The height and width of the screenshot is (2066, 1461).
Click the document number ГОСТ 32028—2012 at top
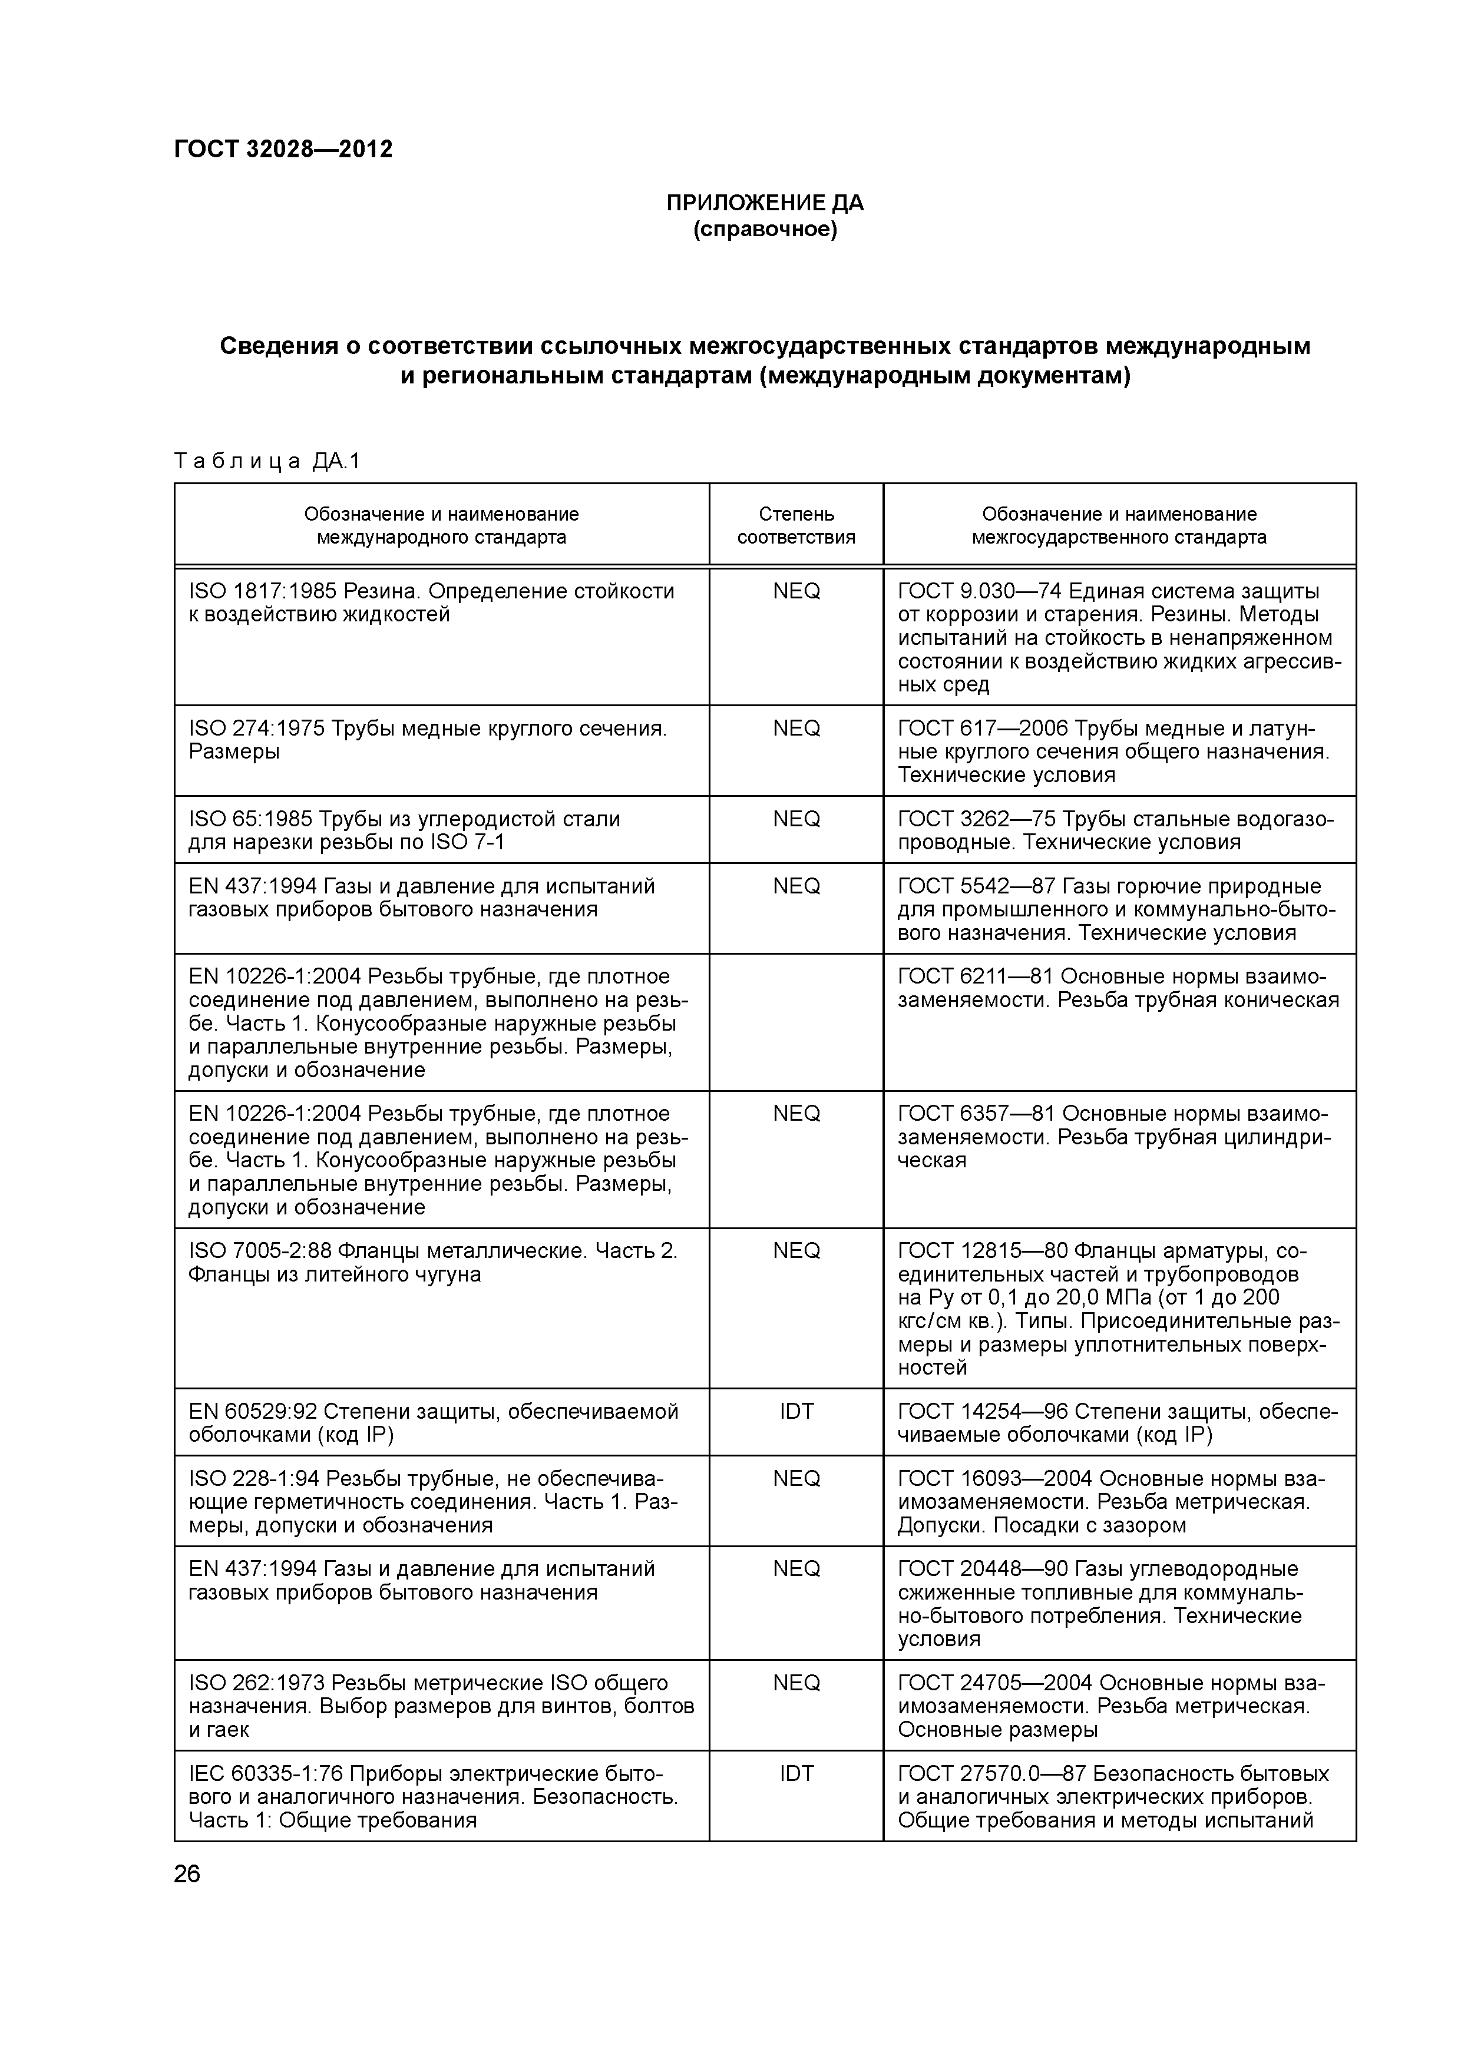coord(283,150)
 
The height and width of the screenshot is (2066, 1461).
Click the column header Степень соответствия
coord(796,525)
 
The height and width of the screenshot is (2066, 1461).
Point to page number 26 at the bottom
coord(187,1875)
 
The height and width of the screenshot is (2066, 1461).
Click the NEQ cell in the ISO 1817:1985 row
coord(796,591)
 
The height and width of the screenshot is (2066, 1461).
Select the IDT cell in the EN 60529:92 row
coord(796,1412)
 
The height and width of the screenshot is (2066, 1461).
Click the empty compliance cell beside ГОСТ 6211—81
coord(796,1022)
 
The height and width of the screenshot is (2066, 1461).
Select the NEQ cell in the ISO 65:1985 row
coord(796,819)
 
